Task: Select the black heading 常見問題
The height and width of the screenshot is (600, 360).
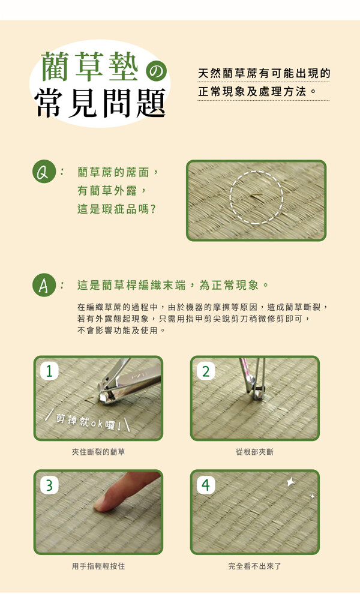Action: (101, 103)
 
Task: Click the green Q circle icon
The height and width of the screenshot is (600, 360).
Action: (44, 173)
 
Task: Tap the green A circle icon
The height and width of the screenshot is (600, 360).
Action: (44, 286)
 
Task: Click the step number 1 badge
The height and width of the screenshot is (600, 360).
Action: (50, 371)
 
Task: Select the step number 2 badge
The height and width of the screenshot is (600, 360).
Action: (206, 371)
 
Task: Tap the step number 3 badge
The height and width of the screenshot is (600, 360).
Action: (50, 485)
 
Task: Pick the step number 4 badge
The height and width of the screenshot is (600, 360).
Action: (206, 485)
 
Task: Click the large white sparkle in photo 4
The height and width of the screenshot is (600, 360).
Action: (291, 482)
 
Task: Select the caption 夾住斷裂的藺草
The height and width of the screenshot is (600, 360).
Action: (98, 452)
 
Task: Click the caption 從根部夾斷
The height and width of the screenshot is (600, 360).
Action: (255, 452)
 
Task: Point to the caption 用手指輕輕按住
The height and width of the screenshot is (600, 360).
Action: (98, 566)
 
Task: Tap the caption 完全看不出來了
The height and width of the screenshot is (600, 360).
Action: (255, 566)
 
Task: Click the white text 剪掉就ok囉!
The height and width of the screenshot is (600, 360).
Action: (88, 422)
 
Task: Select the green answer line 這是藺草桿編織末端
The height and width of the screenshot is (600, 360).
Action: (131, 285)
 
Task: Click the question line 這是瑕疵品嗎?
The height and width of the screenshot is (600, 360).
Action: (116, 209)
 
